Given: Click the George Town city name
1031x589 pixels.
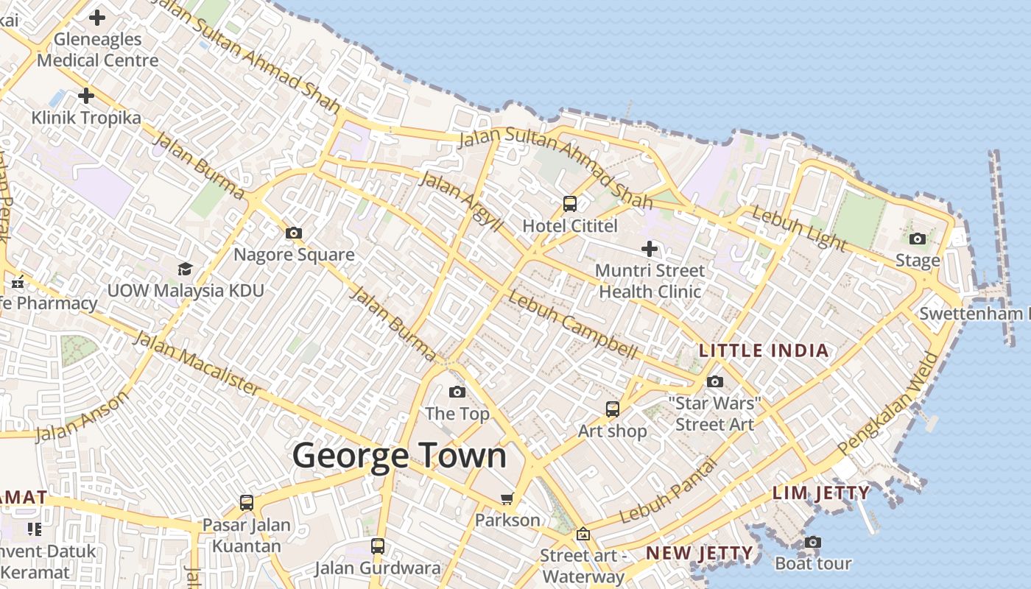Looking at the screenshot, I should pyautogui.click(x=400, y=456).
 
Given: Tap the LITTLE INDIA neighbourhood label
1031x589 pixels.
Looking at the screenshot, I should pyautogui.click(x=764, y=350).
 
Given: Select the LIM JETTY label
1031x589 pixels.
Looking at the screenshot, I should pyautogui.click(x=821, y=493).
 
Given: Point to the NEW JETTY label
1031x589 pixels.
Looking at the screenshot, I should pyautogui.click(x=699, y=553).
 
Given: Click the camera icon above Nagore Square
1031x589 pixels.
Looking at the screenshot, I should pyautogui.click(x=294, y=233).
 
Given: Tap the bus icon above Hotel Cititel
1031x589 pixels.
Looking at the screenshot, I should pyautogui.click(x=569, y=204).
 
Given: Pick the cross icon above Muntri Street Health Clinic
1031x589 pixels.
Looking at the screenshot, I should pyautogui.click(x=650, y=249).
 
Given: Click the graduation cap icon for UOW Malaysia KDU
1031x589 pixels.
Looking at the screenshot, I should pyautogui.click(x=185, y=269).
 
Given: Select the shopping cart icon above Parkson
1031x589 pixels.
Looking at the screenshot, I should pyautogui.click(x=507, y=499).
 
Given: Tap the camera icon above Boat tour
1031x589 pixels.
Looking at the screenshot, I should pyautogui.click(x=812, y=543).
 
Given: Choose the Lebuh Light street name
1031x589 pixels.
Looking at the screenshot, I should pyautogui.click(x=799, y=229).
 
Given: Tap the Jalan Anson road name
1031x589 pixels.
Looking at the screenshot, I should pyautogui.click(x=82, y=417).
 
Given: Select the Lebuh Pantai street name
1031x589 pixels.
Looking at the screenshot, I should pyautogui.click(x=668, y=492).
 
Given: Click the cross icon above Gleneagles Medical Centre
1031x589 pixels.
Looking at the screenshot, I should pyautogui.click(x=97, y=18).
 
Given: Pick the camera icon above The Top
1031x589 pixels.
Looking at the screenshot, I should pyautogui.click(x=457, y=392).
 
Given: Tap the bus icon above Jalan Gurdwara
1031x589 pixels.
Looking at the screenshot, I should pyautogui.click(x=378, y=546).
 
